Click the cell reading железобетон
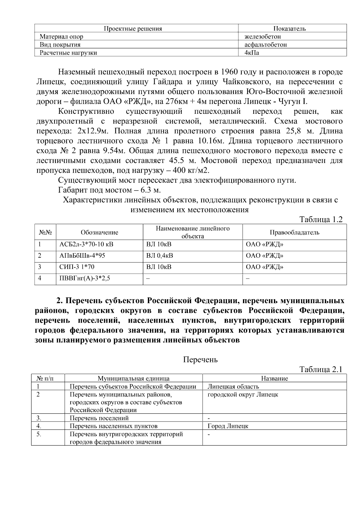pyautogui.click(x=263, y=37)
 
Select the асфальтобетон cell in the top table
pyautogui.click(x=266, y=45)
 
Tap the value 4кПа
pyautogui.click(x=252, y=53)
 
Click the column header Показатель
pyautogui.click(x=289, y=29)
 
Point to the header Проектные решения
pyautogui.click(x=133, y=29)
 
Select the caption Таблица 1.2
pyautogui.click(x=321, y=219)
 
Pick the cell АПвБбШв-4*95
pyautogui.click(x=82, y=256)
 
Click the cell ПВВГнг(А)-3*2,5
pyautogui.click(x=85, y=278)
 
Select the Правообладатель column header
pyautogui.click(x=295, y=232)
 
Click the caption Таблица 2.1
pyautogui.click(x=321, y=369)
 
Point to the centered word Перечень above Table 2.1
pyautogui.click(x=201, y=360)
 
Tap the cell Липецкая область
pyautogui.click(x=233, y=387)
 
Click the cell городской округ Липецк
pyautogui.click(x=243, y=395)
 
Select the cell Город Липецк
pyautogui.click(x=228, y=426)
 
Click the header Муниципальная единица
pyautogui.click(x=133, y=378)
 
